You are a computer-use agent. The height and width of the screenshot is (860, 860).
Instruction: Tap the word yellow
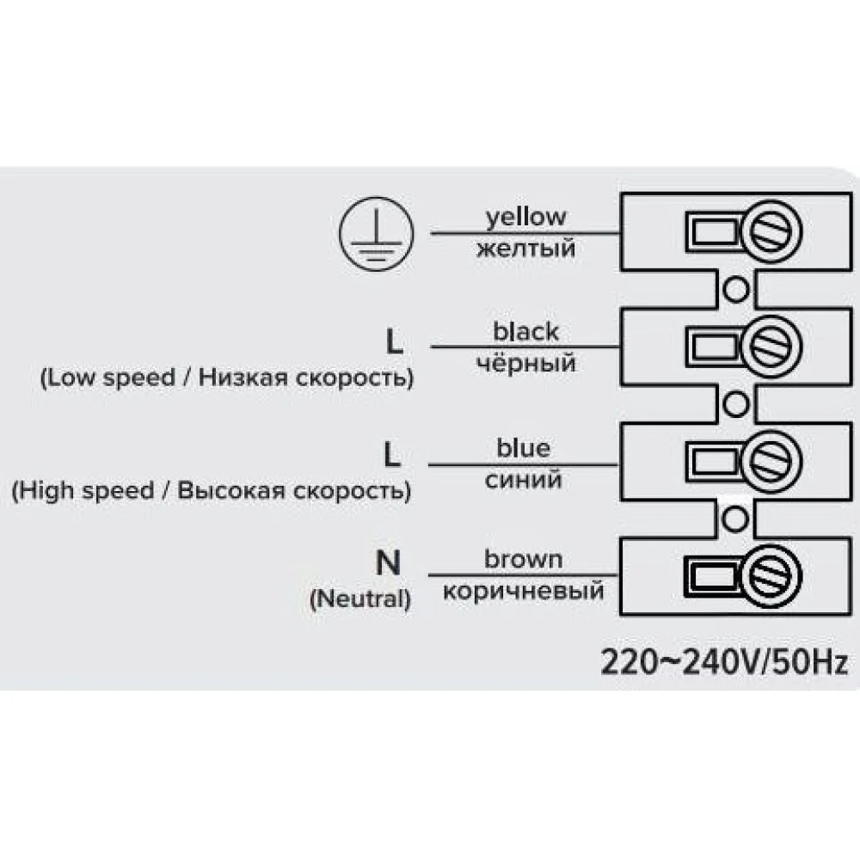(526, 218)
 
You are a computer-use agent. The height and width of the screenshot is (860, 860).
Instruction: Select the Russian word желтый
(525, 249)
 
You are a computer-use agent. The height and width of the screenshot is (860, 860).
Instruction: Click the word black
(525, 331)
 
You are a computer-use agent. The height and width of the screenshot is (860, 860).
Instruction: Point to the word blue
(523, 448)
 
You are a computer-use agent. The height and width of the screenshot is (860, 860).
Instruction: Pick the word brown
(523, 560)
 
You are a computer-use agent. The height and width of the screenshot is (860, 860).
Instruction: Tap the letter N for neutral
(389, 563)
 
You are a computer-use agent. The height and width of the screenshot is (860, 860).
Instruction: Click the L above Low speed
(393, 343)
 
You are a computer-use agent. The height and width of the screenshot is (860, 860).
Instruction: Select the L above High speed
(392, 456)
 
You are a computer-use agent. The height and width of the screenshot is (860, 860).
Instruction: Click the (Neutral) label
(359, 599)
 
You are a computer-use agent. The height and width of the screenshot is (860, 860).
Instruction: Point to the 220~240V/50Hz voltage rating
(724, 663)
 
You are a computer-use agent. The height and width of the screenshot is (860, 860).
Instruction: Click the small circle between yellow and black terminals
(734, 289)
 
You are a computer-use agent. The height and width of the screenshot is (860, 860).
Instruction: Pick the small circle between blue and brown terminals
(734, 517)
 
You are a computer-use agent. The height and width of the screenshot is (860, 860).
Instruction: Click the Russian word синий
(523, 480)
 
